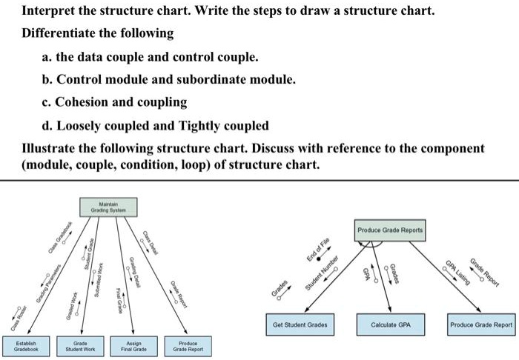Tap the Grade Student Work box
pyautogui.click(x=81, y=344)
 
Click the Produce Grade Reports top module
pyautogui.click(x=389, y=230)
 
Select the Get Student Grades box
pyautogui.click(x=300, y=324)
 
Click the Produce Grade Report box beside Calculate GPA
pyautogui.click(x=481, y=324)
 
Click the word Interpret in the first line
pyautogui.click(x=49, y=13)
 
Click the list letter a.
pyautogui.click(x=46, y=56)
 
